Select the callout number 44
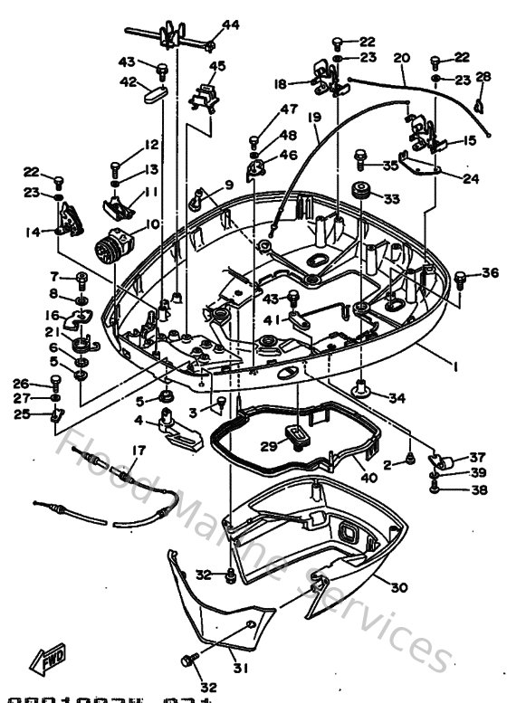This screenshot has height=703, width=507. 231,24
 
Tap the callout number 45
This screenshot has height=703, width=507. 217,66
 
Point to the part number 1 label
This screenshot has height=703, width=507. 454,367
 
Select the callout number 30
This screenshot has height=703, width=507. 399,586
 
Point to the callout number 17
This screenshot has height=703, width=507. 139,451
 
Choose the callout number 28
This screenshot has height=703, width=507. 484,76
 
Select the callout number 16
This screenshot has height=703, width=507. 53,315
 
